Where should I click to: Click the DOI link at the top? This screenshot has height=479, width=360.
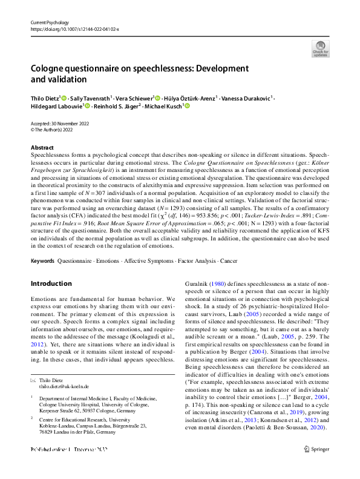click(x=74, y=28)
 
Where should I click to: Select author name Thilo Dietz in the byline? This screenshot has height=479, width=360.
click(x=45, y=97)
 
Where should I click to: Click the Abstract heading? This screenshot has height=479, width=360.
click(x=42, y=147)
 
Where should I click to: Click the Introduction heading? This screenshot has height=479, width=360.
click(x=51, y=283)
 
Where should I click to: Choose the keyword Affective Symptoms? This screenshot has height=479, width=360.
click(x=129, y=261)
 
